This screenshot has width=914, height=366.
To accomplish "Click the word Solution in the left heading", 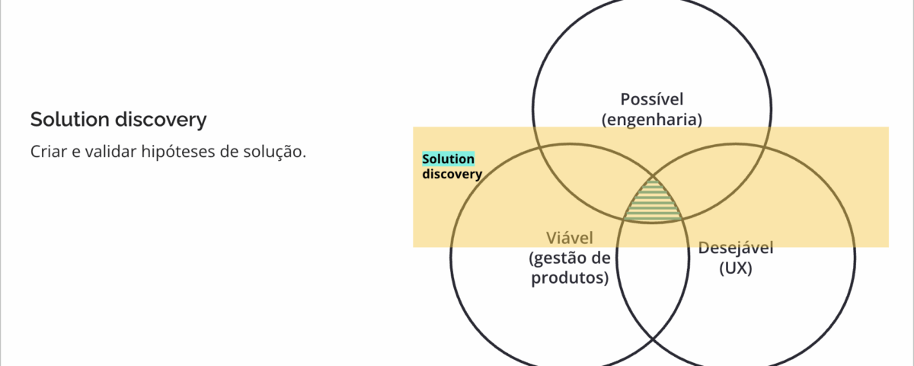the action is coord(69,119).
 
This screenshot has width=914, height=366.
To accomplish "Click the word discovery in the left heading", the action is coord(161,120).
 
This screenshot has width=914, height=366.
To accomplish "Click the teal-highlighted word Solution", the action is coord(449,159).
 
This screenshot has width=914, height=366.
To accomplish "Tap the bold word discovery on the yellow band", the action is coord(452,174).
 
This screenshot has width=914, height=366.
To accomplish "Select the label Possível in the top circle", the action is coord(652,99).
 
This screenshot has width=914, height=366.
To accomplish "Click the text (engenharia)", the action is coord(652,120).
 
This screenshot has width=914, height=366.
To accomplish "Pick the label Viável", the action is coord(570,238).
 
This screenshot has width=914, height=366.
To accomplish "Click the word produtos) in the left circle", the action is coord(570,278).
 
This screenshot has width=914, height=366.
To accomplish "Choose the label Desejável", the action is coord(736,249).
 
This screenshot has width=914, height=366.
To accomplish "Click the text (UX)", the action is coord(736,268).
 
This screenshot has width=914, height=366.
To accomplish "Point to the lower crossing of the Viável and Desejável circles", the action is coord(653,339).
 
